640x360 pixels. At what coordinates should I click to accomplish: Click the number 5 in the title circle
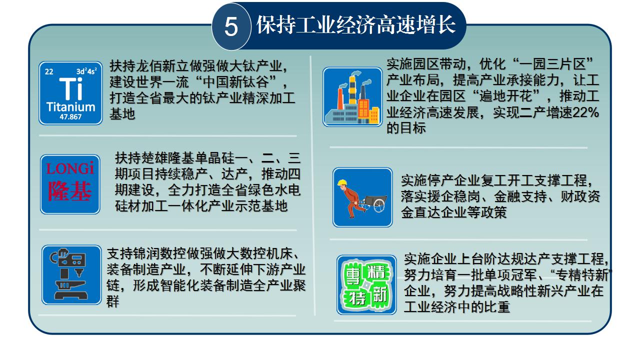231,26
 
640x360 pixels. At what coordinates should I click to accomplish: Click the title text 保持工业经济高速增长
356,25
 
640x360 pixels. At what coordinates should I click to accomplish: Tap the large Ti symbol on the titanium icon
70,89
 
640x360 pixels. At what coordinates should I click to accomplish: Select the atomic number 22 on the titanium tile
49,71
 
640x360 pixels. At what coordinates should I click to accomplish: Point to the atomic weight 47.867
70,117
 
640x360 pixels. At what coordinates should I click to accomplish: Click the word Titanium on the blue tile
70,107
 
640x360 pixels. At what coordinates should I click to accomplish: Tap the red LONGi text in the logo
69,168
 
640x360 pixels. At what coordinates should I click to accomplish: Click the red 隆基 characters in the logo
69,191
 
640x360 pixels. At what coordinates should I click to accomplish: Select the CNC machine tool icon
71,275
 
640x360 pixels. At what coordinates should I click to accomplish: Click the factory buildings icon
352,97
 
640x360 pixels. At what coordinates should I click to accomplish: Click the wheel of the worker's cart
379,205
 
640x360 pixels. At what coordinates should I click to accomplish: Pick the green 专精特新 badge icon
366,285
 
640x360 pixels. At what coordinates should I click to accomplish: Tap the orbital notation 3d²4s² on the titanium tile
86,71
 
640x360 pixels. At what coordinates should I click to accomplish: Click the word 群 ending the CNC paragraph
113,301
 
